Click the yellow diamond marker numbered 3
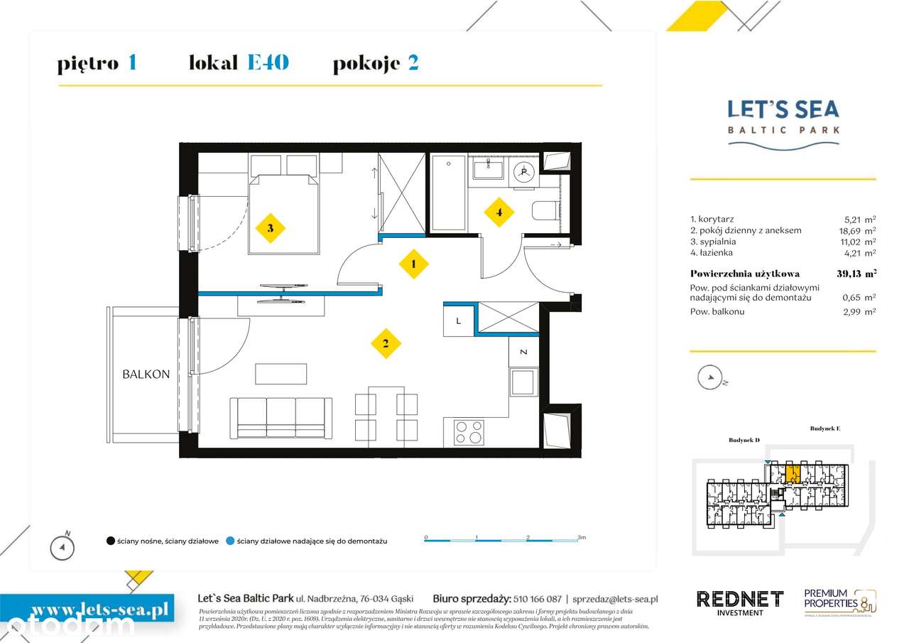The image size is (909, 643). click(271, 228)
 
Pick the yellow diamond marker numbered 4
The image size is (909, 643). click(499, 212)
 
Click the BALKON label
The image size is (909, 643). click(146, 374)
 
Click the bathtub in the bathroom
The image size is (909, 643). click(449, 193)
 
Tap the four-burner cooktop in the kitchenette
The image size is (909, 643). click(469, 432)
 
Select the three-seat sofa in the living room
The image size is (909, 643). click(281, 417)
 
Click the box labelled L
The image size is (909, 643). click(459, 320)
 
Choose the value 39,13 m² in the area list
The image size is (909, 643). click(856, 274)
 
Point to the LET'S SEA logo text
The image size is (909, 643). click(783, 109)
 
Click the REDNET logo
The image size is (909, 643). click(739, 599)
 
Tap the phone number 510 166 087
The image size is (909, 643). click(536, 599)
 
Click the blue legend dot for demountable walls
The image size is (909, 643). click(229, 541)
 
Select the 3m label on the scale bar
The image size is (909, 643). click(581, 538)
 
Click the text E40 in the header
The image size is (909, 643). click(268, 63)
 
